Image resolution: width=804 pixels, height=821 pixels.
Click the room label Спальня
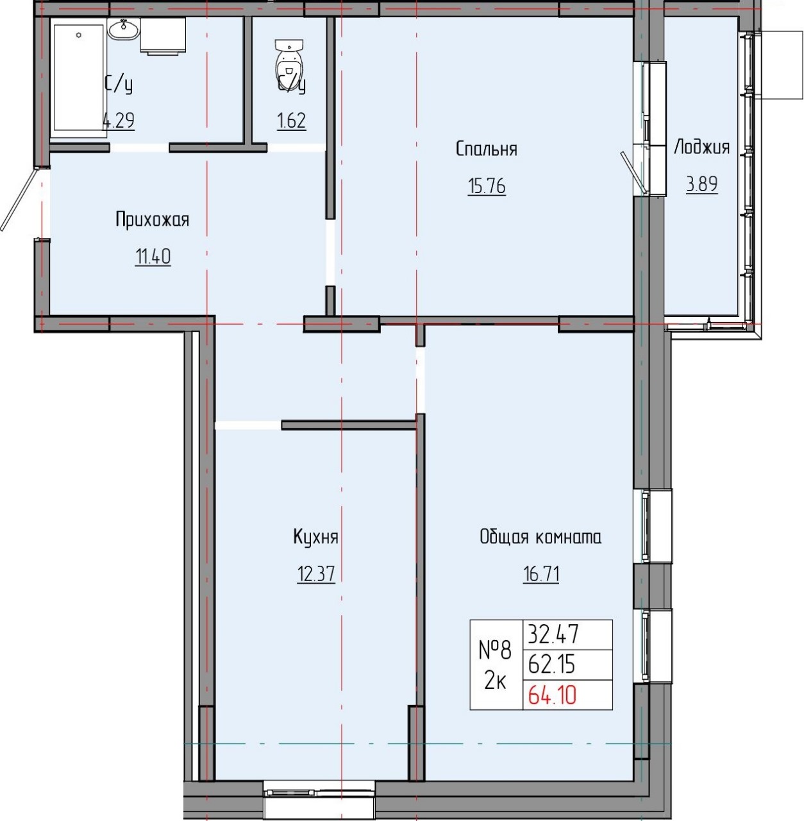point(486,149)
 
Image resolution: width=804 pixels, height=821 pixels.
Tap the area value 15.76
point(487,187)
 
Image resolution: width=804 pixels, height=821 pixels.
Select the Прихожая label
point(153,220)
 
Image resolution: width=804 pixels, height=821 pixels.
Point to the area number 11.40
point(153,257)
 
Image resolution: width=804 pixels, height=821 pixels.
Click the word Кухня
point(315,537)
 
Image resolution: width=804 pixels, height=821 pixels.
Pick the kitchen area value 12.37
point(315,573)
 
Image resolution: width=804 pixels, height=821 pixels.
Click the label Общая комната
point(540,537)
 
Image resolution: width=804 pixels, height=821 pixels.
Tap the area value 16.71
point(540,573)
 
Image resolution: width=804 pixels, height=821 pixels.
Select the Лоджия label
point(701,148)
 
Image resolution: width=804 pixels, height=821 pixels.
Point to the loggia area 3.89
point(701,185)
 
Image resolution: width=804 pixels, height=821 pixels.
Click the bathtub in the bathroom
point(78,77)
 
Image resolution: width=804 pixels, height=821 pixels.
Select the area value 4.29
point(119,121)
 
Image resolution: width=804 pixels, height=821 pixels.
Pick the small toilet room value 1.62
point(291,121)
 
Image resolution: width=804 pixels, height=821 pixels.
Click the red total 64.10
point(551,695)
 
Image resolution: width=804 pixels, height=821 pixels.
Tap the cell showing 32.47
point(553,635)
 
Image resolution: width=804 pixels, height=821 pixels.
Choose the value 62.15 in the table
point(551,665)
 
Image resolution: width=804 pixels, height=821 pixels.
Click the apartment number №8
point(495,651)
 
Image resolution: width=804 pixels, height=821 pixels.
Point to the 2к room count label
point(495,681)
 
